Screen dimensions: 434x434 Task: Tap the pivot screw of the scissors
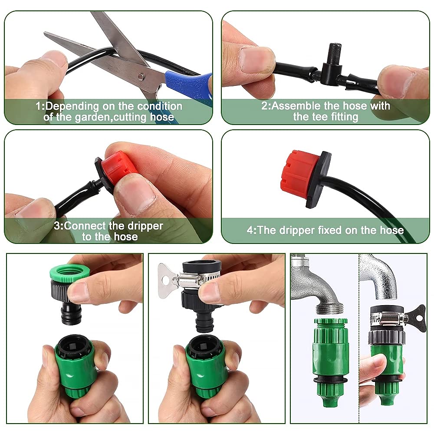point(140,76)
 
